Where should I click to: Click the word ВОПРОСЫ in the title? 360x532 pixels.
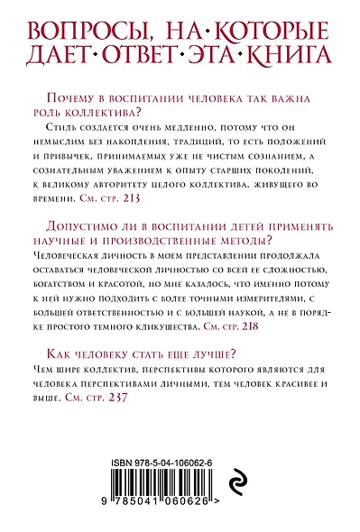(x=81, y=26)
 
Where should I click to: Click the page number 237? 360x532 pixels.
(x=118, y=397)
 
